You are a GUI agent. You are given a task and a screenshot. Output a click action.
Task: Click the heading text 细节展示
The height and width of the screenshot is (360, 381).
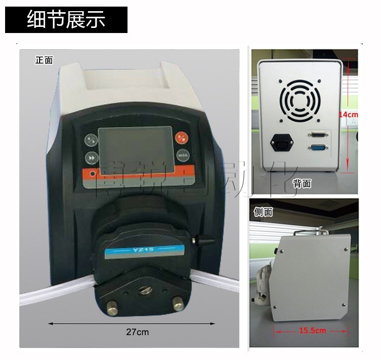point(66,20)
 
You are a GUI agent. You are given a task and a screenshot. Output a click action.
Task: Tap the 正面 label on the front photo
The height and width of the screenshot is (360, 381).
point(44,60)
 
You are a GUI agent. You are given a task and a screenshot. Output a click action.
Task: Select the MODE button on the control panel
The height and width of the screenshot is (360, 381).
point(182,155)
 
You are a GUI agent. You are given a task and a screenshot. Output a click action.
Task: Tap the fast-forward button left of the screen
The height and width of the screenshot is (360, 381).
point(91,157)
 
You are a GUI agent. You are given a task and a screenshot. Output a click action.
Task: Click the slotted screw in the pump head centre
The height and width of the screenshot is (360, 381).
point(143,290)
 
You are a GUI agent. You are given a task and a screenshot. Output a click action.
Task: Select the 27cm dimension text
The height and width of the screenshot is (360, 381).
point(137,332)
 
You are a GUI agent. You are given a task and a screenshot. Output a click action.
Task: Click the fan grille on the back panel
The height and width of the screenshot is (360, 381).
point(299,99)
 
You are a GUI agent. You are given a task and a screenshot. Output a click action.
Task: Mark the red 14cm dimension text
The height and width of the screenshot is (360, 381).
point(348,115)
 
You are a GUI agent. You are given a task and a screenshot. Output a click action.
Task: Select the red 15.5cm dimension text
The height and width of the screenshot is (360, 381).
point(312,331)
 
